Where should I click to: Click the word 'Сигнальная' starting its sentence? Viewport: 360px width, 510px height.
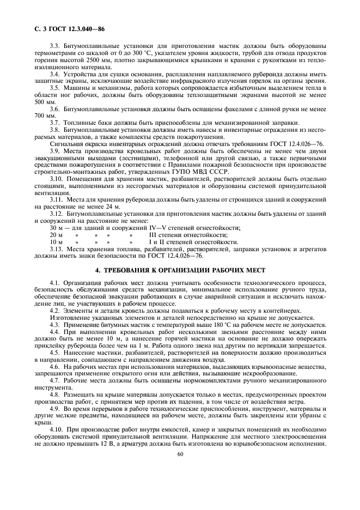coord(66,143)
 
